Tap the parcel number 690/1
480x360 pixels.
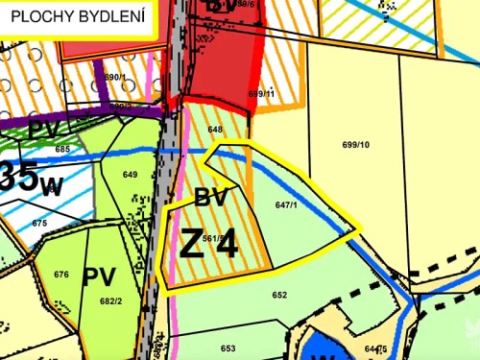(x=114, y=77)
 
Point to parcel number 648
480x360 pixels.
(x=215, y=129)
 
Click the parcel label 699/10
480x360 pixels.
(x=355, y=145)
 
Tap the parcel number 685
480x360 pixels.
(x=62, y=150)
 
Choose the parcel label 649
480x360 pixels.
(x=131, y=175)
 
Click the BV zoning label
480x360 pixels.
(x=210, y=199)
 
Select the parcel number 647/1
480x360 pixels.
(x=286, y=204)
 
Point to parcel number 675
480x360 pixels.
(x=39, y=223)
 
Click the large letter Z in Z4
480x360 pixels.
(x=192, y=245)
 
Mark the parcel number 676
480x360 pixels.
(x=61, y=275)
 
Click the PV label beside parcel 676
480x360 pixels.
(x=99, y=277)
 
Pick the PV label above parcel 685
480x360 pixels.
(x=43, y=129)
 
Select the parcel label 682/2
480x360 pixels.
(x=111, y=300)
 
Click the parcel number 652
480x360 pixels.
(x=279, y=295)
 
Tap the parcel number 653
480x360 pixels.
(x=228, y=348)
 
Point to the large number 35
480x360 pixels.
(x=19, y=176)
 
